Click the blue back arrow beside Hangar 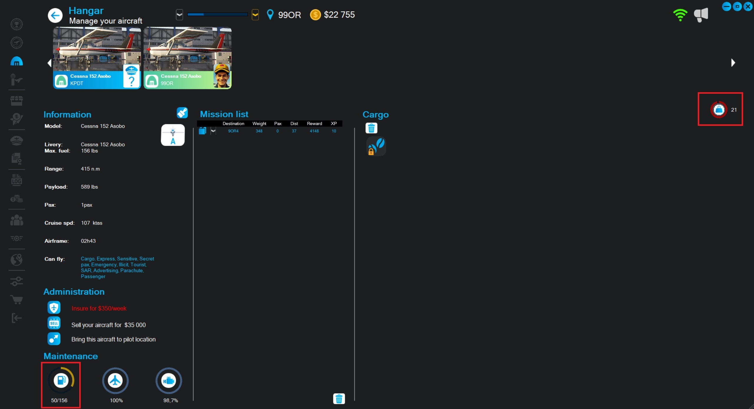55,15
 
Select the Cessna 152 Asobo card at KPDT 97,58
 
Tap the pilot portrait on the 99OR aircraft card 222,76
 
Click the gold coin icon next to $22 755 315,15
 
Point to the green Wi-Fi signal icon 680,15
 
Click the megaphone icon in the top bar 701,15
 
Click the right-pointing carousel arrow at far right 733,62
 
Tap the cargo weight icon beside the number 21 719,110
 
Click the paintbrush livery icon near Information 182,113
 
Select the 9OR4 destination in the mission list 233,131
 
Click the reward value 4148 314,131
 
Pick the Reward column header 314,124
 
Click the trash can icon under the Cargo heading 371,128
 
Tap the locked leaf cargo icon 376,146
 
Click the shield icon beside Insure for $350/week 54,308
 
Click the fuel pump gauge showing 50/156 61,380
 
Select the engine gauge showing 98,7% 169,381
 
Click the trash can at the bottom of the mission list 339,399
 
